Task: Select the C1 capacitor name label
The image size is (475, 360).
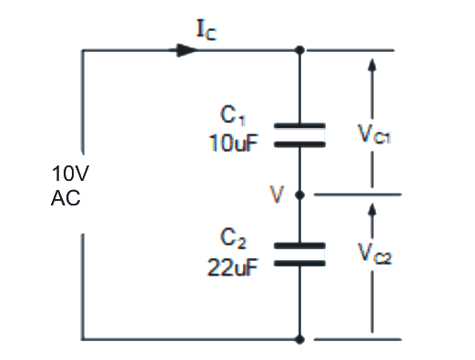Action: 234,115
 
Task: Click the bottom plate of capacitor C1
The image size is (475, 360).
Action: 300,143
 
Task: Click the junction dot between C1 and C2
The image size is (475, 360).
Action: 300,194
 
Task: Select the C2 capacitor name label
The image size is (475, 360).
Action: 234,238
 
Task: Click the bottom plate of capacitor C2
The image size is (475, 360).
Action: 300,262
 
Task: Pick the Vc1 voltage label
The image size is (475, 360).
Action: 375,136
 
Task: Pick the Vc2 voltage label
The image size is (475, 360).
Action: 375,255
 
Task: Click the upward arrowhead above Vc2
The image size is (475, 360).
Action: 371,210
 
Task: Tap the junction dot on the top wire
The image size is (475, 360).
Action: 300,50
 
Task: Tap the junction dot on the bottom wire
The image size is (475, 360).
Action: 300,339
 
